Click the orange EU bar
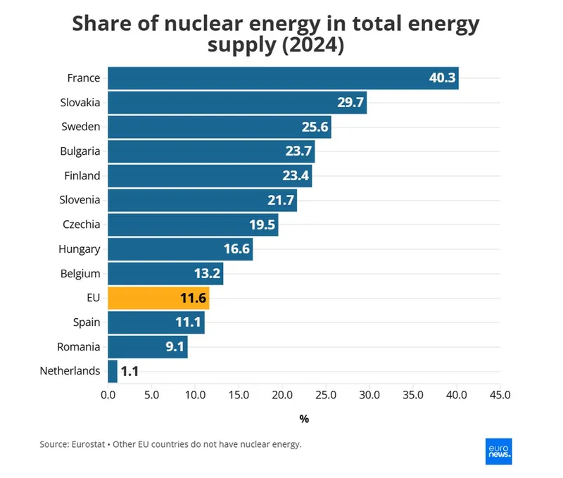point(158,298)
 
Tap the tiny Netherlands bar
point(113,371)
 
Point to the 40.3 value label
point(442,78)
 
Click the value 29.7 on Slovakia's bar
point(350,103)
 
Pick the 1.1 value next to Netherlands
point(129,371)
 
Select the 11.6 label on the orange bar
point(193,298)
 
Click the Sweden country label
point(80,127)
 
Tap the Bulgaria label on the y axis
point(80,151)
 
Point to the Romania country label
point(78,346)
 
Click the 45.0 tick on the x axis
point(500,395)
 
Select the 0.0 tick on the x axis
point(108,395)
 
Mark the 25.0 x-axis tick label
point(326,395)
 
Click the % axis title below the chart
point(304,419)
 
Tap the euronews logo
point(499,451)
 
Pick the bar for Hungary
point(180,249)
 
